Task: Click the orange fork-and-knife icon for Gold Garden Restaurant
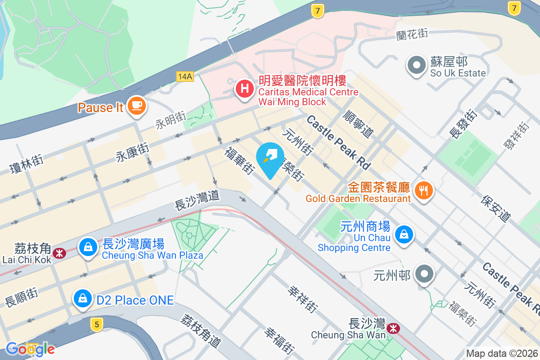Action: click(x=423, y=190)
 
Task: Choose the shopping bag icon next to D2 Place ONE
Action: click(x=83, y=298)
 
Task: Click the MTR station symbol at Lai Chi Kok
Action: click(x=59, y=253)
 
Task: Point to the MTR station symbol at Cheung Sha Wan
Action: click(x=394, y=328)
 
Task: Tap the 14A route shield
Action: click(x=184, y=76)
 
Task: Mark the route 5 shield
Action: click(x=95, y=324)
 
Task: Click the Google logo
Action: click(x=30, y=349)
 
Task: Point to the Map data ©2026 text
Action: click(x=501, y=353)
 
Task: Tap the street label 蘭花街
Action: click(x=412, y=34)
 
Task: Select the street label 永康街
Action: click(x=132, y=150)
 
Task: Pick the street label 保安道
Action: click(x=496, y=208)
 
